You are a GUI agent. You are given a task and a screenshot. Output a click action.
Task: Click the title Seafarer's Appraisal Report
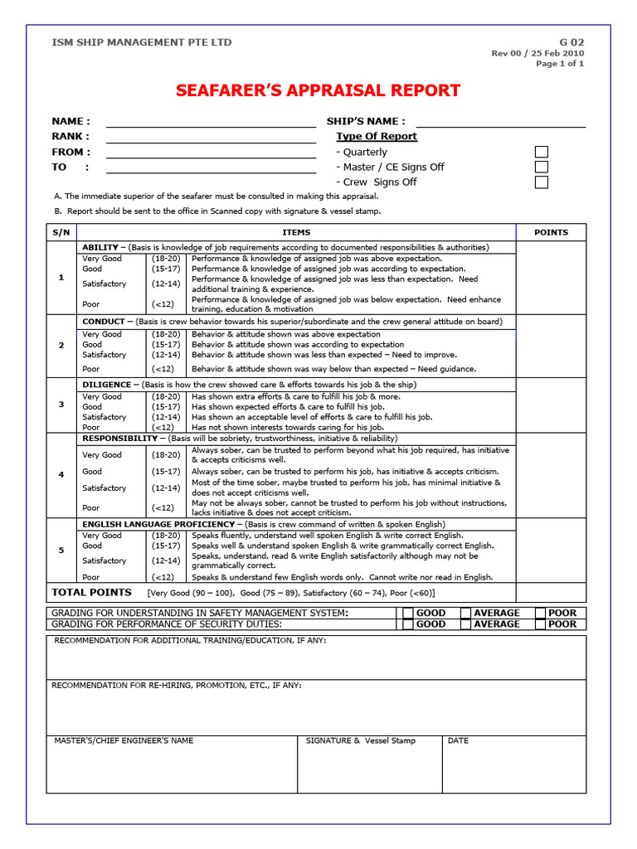click(x=318, y=90)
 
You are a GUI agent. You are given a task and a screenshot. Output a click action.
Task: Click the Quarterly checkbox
click(x=541, y=152)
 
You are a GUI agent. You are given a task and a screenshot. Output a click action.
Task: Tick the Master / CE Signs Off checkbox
click(x=541, y=167)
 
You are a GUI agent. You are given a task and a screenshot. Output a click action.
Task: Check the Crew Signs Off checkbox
click(x=541, y=182)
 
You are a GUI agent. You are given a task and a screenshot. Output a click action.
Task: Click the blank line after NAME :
click(x=211, y=123)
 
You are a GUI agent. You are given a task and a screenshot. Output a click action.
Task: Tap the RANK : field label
click(x=71, y=137)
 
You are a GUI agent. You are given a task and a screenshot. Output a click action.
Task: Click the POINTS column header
click(x=551, y=233)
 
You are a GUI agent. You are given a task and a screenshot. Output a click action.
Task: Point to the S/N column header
click(x=61, y=233)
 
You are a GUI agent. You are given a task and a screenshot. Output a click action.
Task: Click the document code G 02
click(x=571, y=42)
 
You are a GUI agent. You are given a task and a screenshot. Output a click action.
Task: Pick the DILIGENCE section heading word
click(x=106, y=385)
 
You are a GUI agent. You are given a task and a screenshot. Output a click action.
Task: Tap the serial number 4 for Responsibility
click(x=61, y=474)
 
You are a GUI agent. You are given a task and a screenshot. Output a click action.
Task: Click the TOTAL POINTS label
click(x=91, y=593)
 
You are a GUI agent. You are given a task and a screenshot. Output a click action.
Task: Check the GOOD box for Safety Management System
click(x=407, y=614)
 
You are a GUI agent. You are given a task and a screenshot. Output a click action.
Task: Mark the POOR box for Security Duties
click(x=540, y=624)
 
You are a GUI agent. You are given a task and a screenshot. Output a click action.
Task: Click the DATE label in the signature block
click(x=458, y=741)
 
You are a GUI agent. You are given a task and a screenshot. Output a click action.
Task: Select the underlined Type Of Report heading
click(x=377, y=137)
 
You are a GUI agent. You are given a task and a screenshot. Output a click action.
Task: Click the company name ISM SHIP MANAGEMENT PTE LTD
click(x=142, y=42)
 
